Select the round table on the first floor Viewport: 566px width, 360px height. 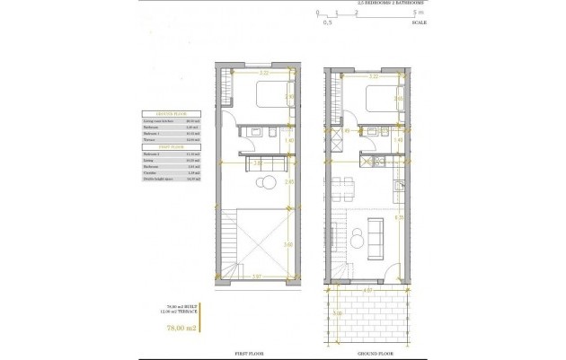pos(266,184)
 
